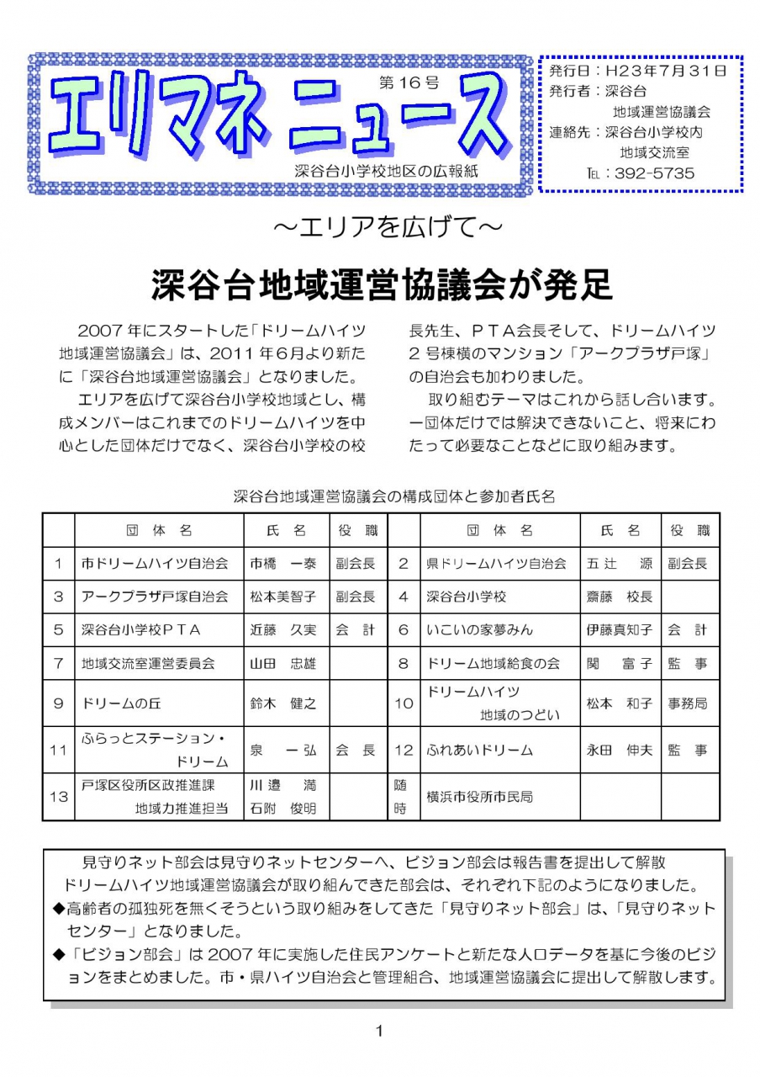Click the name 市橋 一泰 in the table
point(283,564)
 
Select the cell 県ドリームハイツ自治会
point(496,564)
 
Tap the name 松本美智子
point(283,597)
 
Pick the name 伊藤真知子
point(619,629)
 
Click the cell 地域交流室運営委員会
point(148,663)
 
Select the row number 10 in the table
point(404,703)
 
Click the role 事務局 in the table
point(688,703)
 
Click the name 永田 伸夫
point(619,750)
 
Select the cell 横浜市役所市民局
point(479,796)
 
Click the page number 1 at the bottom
point(380,1031)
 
